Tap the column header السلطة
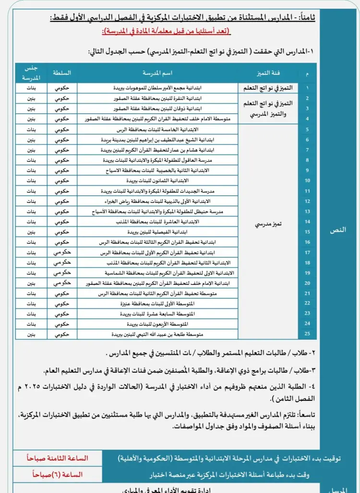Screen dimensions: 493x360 tap(62, 73)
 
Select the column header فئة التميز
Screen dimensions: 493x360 tap(269, 73)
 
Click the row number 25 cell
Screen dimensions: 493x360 tap(307, 334)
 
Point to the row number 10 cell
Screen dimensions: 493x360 tap(307, 180)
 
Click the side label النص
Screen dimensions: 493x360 tap(338, 230)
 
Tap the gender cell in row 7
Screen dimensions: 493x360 tap(31, 150)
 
